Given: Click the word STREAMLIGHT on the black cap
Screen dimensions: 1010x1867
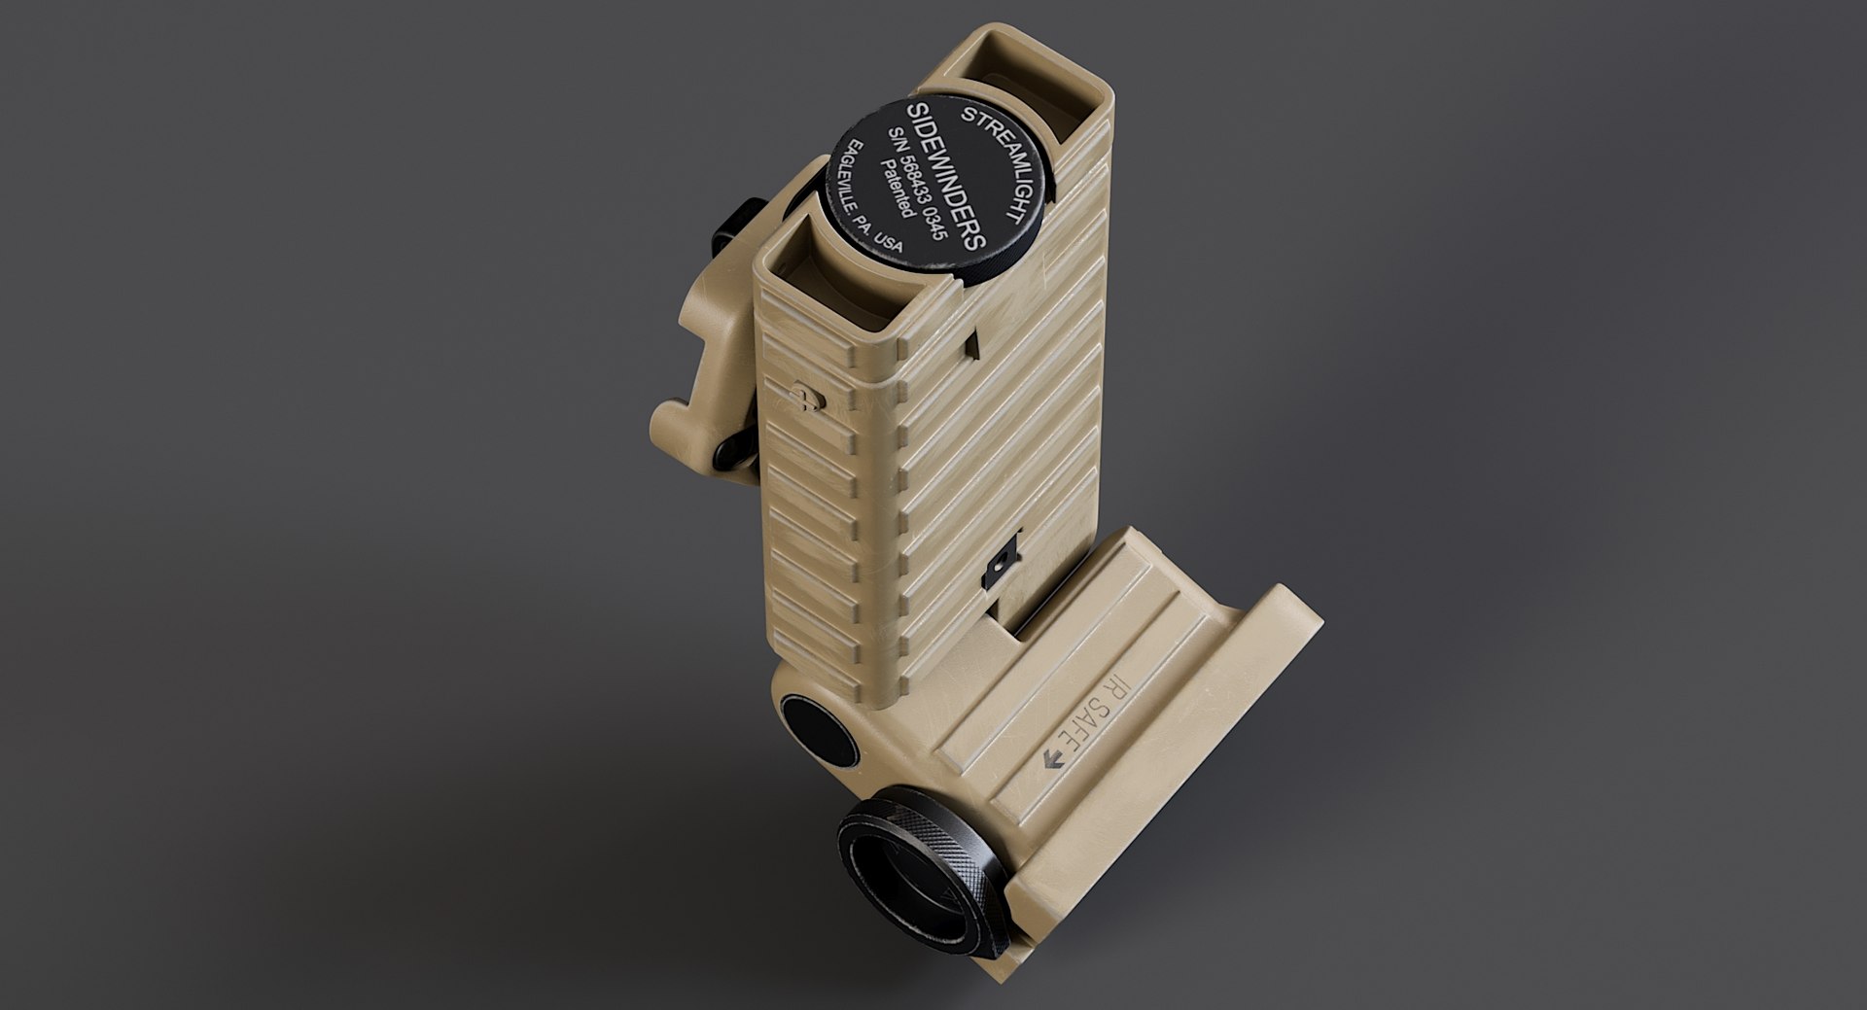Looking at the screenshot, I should (x=998, y=166).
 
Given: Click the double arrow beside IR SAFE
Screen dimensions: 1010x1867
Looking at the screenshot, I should (x=1052, y=760).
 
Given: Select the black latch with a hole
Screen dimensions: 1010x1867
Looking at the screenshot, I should (x=1002, y=565).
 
